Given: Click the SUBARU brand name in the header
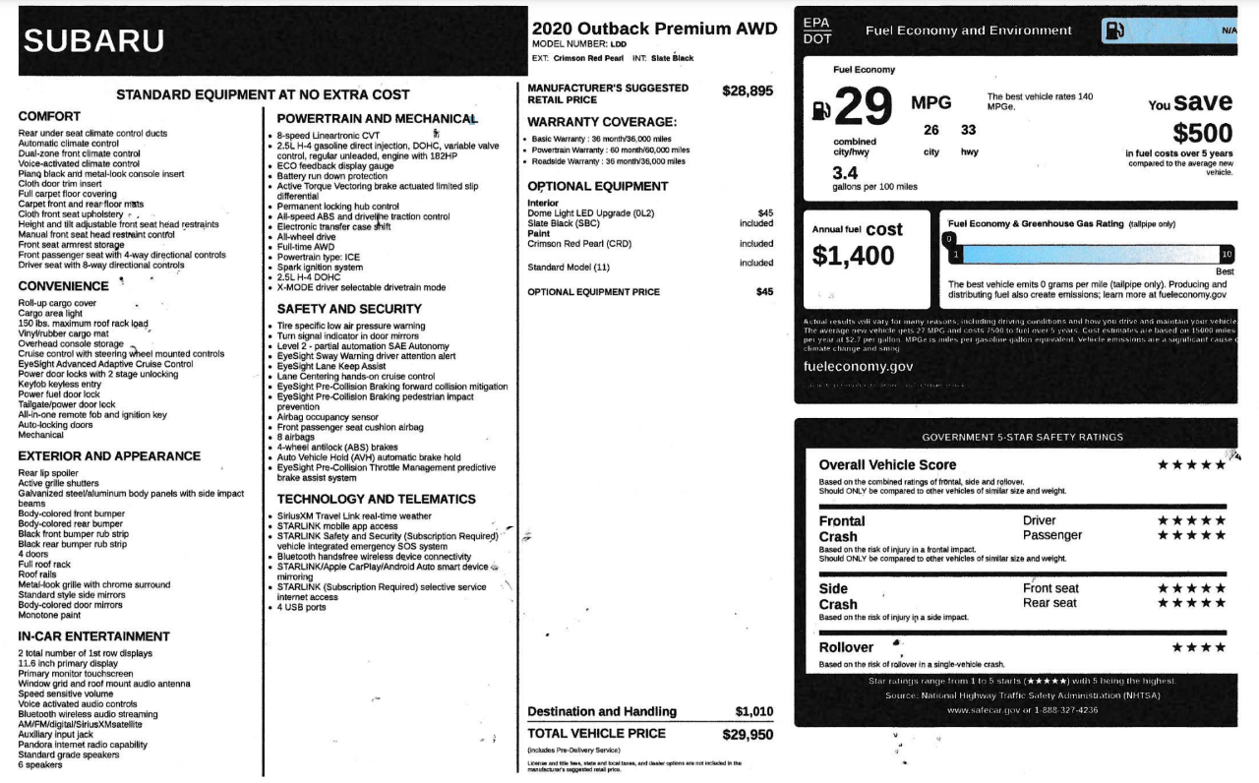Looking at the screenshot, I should coord(94,41).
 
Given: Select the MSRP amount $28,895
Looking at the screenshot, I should coord(748,90).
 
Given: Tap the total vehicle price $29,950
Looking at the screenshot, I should coord(748,734).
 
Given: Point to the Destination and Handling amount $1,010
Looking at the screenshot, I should coord(754,711).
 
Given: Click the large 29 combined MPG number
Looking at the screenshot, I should coord(864,107).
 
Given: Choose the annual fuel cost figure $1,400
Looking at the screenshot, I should coord(853,256).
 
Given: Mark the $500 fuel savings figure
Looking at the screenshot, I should coord(1202,133).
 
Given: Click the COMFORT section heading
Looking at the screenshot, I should coord(49,116).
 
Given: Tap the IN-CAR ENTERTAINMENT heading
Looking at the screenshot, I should coord(94,636).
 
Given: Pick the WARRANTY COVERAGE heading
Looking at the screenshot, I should coord(602,122).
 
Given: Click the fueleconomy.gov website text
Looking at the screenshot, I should coord(859,366).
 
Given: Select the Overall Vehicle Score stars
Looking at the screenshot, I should coord(1191,465).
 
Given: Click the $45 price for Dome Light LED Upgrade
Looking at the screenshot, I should coord(765,212).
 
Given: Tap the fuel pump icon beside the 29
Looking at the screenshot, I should coord(820,110).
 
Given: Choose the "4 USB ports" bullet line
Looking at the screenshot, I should coord(302,607).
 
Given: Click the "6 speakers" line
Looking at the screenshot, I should coord(40,764).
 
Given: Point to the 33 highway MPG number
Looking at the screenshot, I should coord(968,130).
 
